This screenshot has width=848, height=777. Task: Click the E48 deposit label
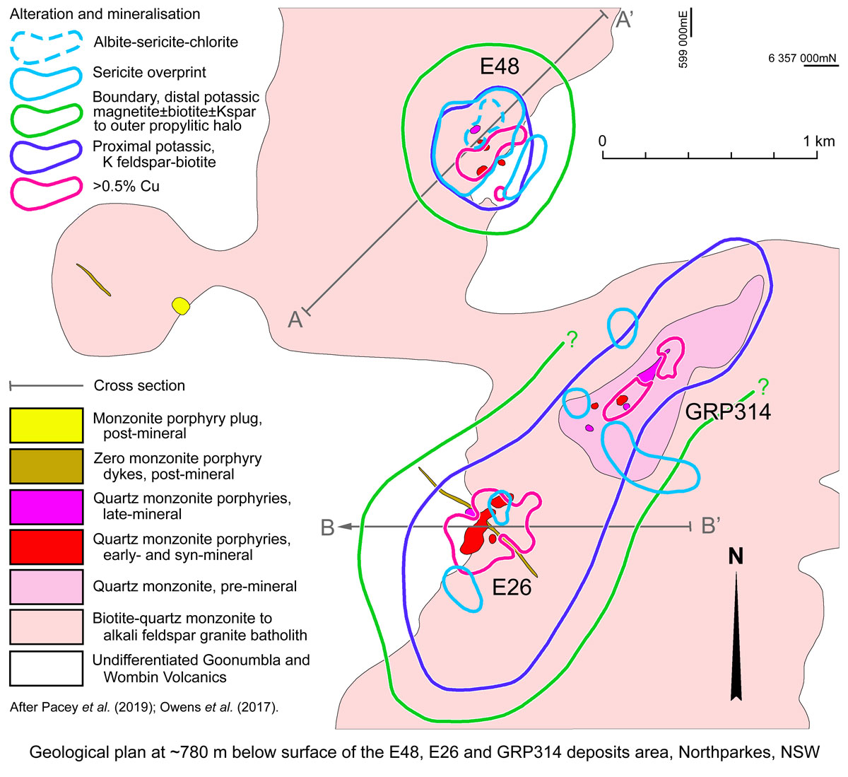click(x=500, y=67)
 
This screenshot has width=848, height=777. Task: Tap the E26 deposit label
click(x=512, y=587)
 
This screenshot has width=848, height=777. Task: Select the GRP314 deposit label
click(x=729, y=411)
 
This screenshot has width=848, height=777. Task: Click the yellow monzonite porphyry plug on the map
click(x=182, y=306)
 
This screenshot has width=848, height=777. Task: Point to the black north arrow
click(x=736, y=636)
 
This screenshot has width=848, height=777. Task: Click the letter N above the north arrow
click(x=736, y=556)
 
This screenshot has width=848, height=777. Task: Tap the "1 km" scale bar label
click(x=818, y=141)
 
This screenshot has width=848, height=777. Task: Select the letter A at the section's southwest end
click(x=295, y=320)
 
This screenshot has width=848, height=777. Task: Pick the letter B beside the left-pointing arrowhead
click(x=327, y=527)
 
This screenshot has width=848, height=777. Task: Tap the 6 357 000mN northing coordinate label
click(x=803, y=58)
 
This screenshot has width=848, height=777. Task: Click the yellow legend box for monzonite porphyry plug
click(x=46, y=426)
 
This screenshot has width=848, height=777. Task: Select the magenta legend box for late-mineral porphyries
click(x=46, y=506)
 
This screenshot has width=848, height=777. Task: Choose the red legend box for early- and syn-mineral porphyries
click(x=46, y=547)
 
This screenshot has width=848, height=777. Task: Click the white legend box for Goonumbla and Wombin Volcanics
click(x=46, y=668)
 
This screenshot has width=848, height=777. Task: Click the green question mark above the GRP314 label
click(x=762, y=386)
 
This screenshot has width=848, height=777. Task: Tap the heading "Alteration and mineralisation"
click(x=105, y=14)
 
